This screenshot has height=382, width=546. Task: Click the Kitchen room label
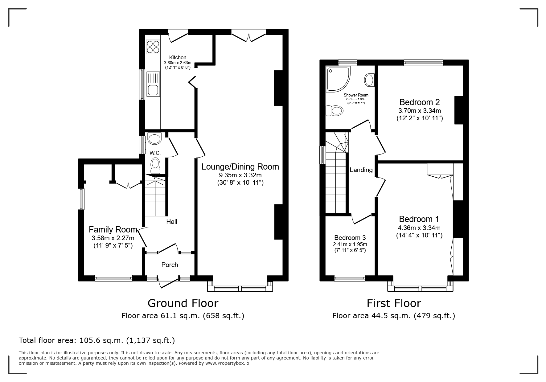178,57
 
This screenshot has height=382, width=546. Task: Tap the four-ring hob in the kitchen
153,47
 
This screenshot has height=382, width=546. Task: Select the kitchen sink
153,84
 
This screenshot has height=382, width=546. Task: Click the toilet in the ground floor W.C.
155,166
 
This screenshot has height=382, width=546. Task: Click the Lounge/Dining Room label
240,167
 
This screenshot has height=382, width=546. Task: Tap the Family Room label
113,229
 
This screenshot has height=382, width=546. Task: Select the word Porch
170,265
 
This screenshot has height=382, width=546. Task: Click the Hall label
172,222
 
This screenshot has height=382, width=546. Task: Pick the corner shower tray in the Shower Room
337,79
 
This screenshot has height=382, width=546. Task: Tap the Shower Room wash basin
369,80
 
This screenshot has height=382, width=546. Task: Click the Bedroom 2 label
420,102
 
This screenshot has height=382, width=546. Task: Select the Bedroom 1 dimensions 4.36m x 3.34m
419,228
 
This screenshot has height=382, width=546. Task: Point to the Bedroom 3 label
350,238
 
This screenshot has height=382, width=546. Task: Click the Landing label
361,170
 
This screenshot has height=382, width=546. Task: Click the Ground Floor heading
183,303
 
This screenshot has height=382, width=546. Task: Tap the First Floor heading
394,303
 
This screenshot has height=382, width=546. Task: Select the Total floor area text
97,340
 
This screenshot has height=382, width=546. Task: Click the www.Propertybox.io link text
227,363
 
